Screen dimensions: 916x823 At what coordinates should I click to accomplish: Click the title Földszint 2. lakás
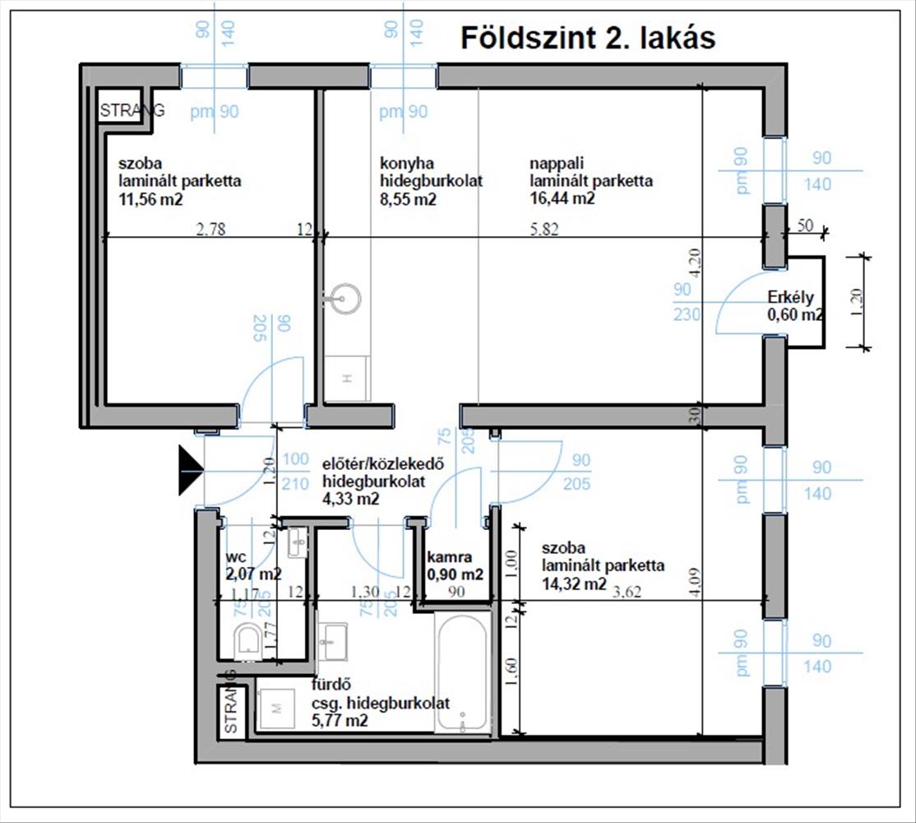click(588, 39)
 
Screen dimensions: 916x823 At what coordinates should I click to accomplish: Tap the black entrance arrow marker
click(191, 470)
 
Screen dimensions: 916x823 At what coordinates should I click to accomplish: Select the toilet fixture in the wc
click(247, 643)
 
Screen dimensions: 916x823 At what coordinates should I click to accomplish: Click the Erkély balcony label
click(790, 297)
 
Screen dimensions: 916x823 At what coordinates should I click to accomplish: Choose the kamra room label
click(449, 557)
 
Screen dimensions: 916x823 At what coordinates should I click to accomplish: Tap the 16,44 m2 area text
click(562, 198)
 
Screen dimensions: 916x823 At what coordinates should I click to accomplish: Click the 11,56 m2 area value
click(150, 199)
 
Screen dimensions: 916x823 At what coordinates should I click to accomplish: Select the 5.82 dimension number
click(544, 229)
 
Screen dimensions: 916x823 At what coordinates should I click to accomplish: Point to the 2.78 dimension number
click(210, 229)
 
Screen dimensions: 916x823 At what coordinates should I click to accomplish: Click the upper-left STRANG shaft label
click(132, 110)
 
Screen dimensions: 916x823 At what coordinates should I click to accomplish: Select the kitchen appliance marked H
click(347, 379)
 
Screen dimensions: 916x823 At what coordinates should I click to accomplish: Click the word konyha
click(406, 163)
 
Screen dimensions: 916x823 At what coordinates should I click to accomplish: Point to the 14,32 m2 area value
click(574, 584)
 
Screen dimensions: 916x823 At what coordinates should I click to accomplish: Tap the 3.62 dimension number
click(627, 592)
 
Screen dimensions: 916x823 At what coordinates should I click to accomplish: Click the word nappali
click(557, 163)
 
